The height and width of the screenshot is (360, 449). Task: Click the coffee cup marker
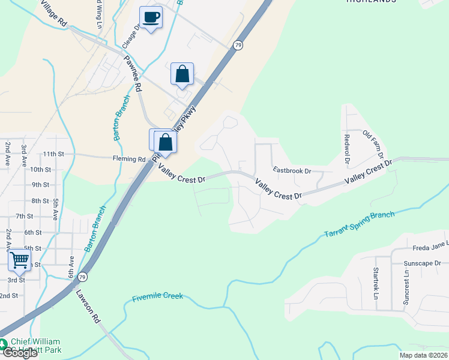pyautogui.click(x=150, y=17)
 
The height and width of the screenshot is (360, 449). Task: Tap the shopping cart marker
pyautogui.click(x=19, y=260)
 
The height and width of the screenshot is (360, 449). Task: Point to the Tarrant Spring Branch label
pyautogui.click(x=360, y=224)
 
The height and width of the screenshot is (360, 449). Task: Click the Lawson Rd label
pyautogui.click(x=88, y=307)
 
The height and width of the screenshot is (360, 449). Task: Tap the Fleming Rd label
pyautogui.click(x=129, y=160)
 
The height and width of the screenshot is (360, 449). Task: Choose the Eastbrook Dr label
pyautogui.click(x=292, y=170)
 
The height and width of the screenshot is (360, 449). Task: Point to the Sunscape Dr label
pyautogui.click(x=422, y=263)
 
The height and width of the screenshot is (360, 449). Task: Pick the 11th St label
pyautogui.click(x=53, y=154)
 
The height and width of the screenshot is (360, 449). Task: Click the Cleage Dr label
pyautogui.click(x=131, y=35)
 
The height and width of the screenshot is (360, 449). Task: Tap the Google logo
pyautogui.click(x=19, y=353)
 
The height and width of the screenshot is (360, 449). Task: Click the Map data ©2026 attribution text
pyautogui.click(x=423, y=355)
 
